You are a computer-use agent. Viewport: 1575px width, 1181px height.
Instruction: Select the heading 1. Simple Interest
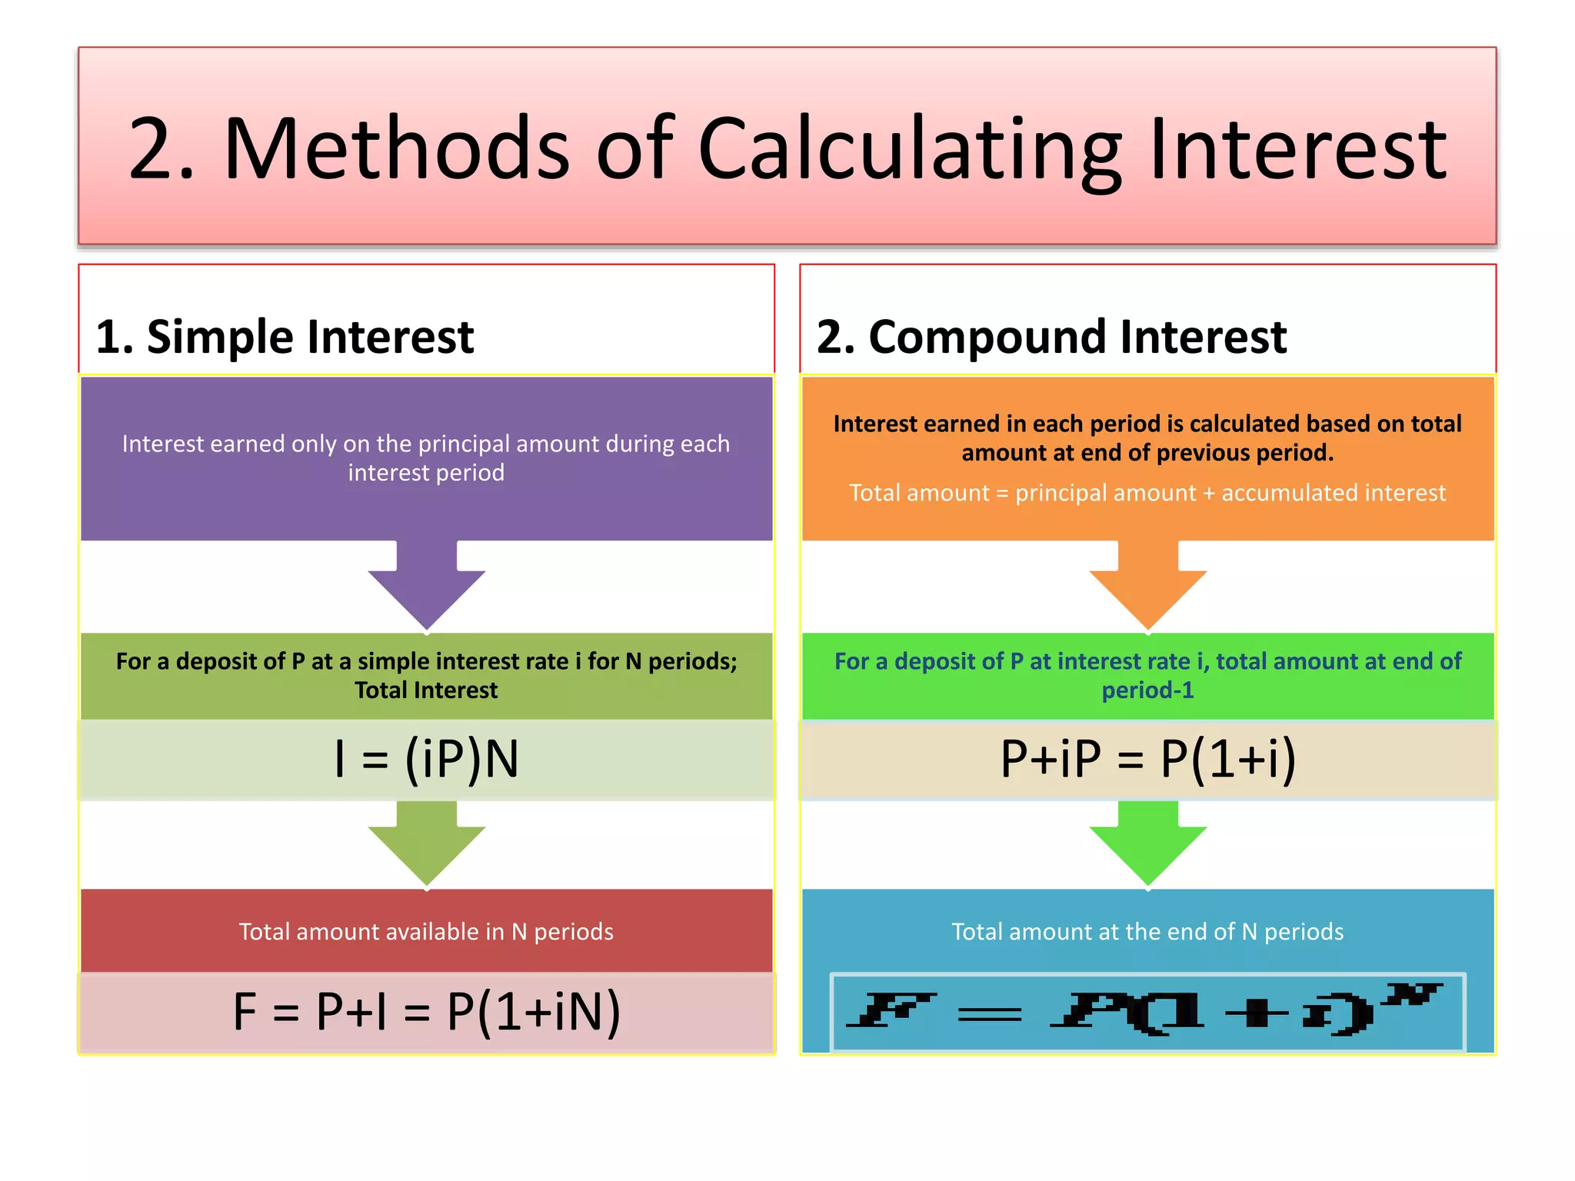pyautogui.click(x=285, y=337)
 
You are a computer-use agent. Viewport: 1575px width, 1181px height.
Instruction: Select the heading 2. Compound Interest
pyautogui.click(x=1051, y=337)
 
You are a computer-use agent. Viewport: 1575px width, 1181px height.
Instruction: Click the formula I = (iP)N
pyautogui.click(x=427, y=760)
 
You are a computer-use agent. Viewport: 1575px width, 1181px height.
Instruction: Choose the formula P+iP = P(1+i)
pyautogui.click(x=1147, y=760)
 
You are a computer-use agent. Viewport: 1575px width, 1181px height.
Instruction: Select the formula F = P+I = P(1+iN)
pyautogui.click(x=427, y=1012)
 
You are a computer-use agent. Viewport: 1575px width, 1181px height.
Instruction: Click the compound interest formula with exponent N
pyautogui.click(x=1147, y=1012)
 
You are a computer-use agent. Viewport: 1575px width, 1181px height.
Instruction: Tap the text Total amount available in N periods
pyautogui.click(x=426, y=932)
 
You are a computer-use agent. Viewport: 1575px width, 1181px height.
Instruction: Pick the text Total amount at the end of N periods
pyautogui.click(x=1147, y=932)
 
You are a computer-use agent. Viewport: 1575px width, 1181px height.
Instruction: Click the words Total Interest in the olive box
pyautogui.click(x=426, y=690)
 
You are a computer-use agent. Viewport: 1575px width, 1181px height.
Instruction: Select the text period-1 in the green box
pyautogui.click(x=1147, y=690)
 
